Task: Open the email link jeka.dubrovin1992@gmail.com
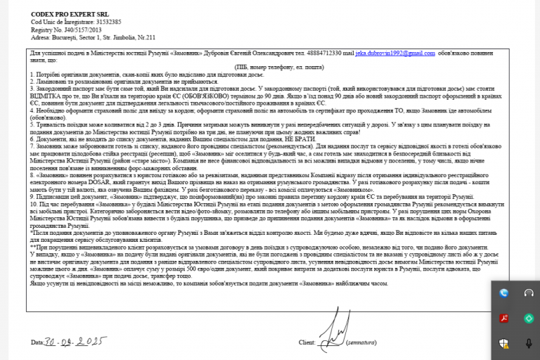395,53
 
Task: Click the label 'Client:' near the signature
307,343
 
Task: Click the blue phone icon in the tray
504,293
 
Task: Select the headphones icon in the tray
529,293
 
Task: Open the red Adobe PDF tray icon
504,319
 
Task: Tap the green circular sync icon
529,319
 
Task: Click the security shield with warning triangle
504,343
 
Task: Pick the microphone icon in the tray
529,343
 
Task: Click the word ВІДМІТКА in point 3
47,96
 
